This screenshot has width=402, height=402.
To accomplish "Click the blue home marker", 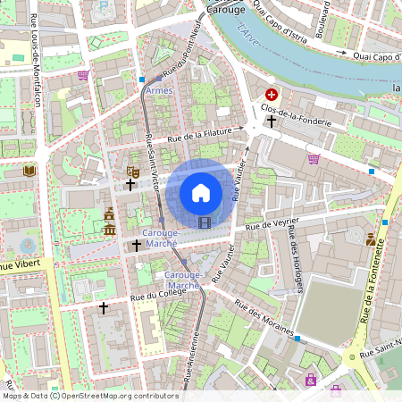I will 201,192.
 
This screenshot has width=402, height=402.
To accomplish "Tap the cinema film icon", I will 206,222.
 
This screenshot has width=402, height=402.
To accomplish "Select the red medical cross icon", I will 272,94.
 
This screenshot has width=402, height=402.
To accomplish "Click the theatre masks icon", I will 133,170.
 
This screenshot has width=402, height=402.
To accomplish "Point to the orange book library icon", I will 29,170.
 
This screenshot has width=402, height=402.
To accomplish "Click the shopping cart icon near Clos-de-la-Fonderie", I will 314,159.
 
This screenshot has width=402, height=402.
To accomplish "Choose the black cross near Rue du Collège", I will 104,308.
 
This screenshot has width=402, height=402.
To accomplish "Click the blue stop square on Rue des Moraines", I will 297,339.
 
